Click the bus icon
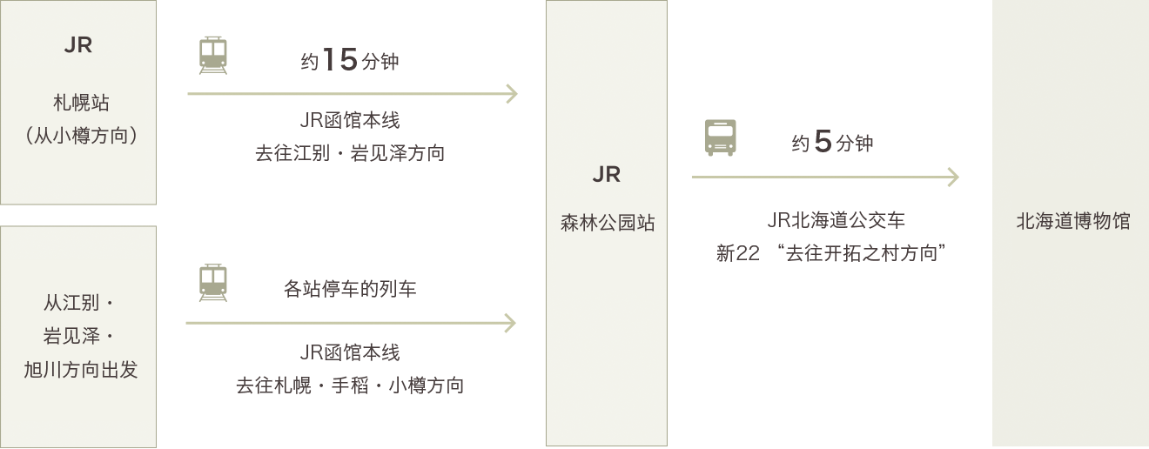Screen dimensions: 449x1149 coord(721,137)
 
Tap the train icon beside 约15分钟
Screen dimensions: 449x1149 coord(213,55)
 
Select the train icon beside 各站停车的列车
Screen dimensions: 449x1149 coord(213,283)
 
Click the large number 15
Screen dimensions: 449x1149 coord(340,60)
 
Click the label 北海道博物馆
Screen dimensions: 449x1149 coord(1072,221)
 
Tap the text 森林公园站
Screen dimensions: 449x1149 coord(607,223)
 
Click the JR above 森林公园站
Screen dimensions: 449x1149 coord(607,175)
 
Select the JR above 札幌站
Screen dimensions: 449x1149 coord(78,45)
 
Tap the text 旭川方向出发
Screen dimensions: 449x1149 coord(80,369)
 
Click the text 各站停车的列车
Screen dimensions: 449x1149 coord(350,288)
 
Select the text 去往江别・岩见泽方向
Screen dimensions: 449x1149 coord(350,153)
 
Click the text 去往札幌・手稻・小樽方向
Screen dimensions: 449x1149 coord(350,385)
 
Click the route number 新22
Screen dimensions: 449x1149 coord(737,253)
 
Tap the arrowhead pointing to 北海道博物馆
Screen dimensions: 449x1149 coord(953,178)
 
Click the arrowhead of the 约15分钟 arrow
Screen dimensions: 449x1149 coord(512,93)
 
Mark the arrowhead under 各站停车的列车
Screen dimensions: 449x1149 coord(510,324)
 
